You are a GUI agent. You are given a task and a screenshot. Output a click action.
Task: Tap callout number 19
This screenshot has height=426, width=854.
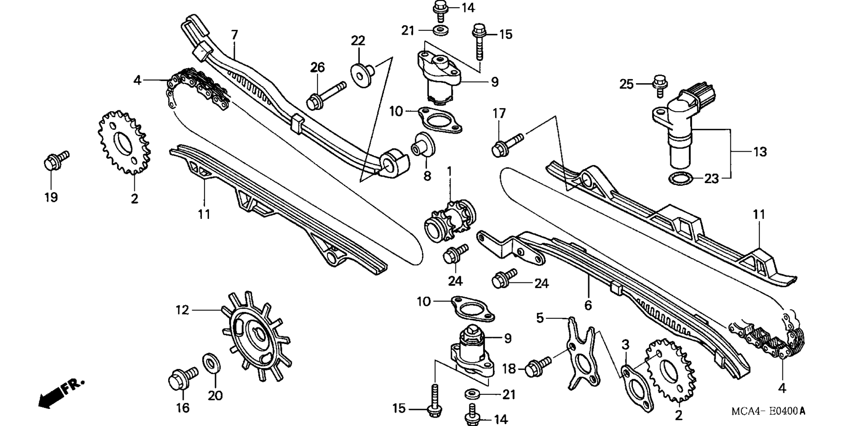[51, 197]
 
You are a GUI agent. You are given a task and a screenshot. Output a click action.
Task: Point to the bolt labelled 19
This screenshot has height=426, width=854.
[56, 161]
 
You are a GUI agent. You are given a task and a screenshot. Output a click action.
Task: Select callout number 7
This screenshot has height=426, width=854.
[234, 34]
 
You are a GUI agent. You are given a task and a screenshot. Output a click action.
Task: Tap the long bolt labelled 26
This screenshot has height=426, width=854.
[326, 95]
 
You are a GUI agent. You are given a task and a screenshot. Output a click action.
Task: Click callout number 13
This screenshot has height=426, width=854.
[761, 152]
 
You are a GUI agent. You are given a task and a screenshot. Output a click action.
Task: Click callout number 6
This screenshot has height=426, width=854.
[588, 305]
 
